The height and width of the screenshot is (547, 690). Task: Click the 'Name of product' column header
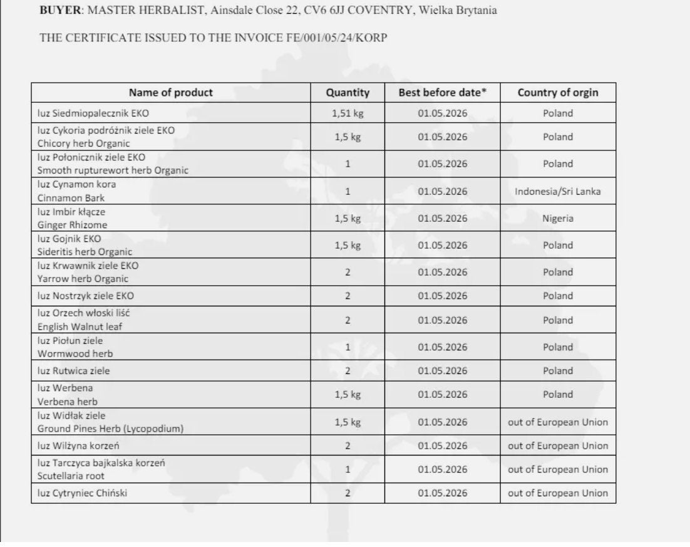(170, 93)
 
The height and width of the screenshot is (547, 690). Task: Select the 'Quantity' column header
(348, 93)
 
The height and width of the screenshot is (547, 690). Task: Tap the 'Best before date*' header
(442, 93)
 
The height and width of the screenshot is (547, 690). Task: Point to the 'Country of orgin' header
(557, 93)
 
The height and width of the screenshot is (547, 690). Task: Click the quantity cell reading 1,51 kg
(348, 113)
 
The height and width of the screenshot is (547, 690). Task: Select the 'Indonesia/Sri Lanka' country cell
(557, 191)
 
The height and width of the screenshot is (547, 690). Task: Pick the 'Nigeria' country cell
(557, 219)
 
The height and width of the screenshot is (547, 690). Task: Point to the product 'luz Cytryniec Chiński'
(82, 493)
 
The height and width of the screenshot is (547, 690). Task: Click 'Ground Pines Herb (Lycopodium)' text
(110, 429)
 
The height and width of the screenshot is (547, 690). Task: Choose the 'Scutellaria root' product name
(71, 476)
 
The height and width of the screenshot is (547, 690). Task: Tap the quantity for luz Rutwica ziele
(348, 371)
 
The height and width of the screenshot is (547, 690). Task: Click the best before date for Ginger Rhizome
(442, 219)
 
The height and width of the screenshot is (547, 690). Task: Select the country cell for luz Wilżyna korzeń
(557, 446)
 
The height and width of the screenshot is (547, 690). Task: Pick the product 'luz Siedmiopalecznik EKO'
(93, 113)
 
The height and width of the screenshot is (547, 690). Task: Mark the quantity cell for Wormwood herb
(348, 347)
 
